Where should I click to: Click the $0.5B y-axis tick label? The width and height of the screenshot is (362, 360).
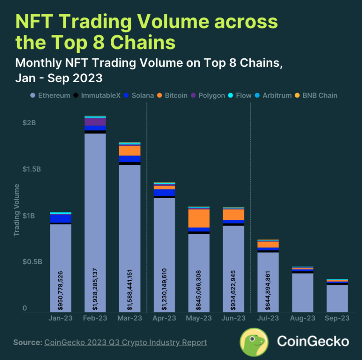pos(31,262)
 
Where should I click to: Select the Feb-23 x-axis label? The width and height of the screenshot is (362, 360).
pos(95,318)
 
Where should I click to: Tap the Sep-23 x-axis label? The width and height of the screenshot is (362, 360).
pos(337,318)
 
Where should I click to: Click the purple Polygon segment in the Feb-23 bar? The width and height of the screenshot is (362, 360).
pos(95,121)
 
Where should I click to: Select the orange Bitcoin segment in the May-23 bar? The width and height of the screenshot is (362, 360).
pos(199,218)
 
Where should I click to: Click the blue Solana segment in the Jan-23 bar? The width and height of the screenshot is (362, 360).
pos(60,218)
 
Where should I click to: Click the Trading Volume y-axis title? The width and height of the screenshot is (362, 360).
pos(17,210)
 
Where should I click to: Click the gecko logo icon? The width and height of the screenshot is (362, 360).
pos(254,342)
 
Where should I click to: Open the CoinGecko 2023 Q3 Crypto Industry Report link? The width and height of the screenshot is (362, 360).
pos(125,343)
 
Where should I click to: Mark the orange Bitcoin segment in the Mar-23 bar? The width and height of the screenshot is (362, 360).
pos(129,150)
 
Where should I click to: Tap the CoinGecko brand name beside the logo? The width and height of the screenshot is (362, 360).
pos(313,341)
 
